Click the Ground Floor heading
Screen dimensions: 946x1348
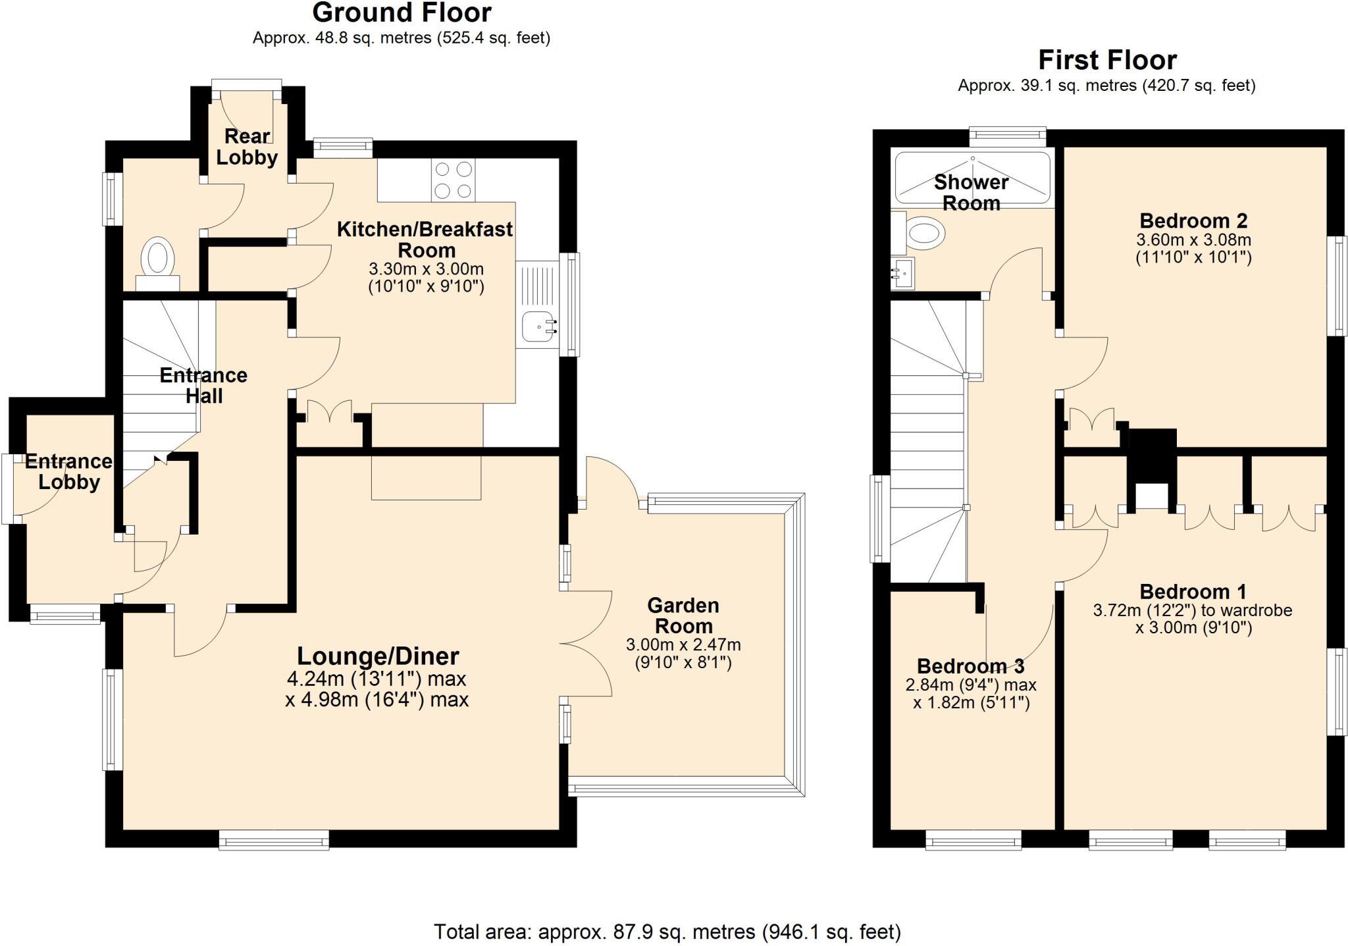click(x=402, y=13)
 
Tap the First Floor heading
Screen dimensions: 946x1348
click(x=1107, y=61)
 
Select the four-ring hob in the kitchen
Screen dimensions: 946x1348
click(x=454, y=180)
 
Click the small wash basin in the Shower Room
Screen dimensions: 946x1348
click(x=904, y=273)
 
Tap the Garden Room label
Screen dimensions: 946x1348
click(x=683, y=616)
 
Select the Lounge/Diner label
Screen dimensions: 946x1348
click(x=378, y=656)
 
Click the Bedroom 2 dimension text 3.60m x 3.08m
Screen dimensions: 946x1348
click(x=1193, y=240)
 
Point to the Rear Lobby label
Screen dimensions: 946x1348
click(x=247, y=147)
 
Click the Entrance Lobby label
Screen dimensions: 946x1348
click(x=68, y=471)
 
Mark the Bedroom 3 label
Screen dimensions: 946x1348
click(x=970, y=666)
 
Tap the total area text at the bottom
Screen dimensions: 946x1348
click(x=667, y=932)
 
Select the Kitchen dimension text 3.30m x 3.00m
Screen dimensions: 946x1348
click(x=426, y=269)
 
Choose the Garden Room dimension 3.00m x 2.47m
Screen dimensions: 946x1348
click(x=683, y=645)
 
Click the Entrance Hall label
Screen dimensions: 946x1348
click(x=203, y=385)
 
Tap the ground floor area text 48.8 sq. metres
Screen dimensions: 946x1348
click(x=402, y=38)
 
